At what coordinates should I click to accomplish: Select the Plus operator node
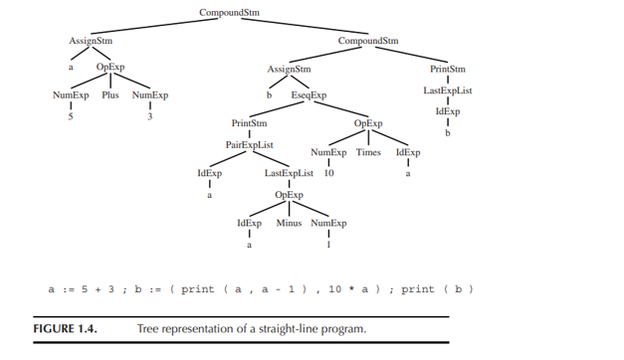point(110,95)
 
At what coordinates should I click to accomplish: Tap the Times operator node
point(370,152)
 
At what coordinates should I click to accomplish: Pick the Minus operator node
point(289,223)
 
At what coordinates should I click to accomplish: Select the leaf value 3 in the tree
point(149,117)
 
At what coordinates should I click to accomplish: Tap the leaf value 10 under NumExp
point(328,173)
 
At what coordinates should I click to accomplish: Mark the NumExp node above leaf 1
point(328,223)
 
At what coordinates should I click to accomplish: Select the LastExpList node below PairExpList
point(289,173)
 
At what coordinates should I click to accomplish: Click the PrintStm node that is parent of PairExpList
point(249,123)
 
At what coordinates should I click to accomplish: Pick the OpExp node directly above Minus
point(289,195)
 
